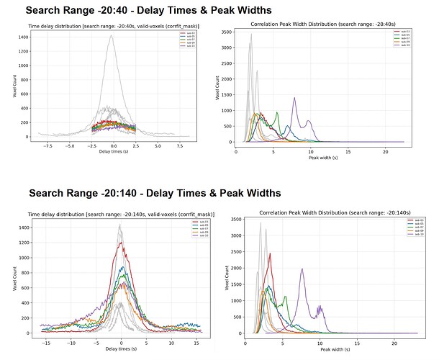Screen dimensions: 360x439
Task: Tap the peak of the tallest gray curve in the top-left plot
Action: pyautogui.click(x=111, y=36)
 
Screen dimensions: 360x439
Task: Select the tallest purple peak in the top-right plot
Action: pyautogui.click(x=294, y=98)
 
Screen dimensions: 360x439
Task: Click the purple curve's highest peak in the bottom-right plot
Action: pyautogui.click(x=302, y=269)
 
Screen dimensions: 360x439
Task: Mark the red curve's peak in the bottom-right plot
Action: pyautogui.click(x=270, y=253)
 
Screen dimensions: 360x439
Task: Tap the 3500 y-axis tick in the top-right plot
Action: pyautogui.click(x=227, y=33)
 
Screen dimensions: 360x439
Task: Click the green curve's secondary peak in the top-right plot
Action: pyautogui.click(x=275, y=112)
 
